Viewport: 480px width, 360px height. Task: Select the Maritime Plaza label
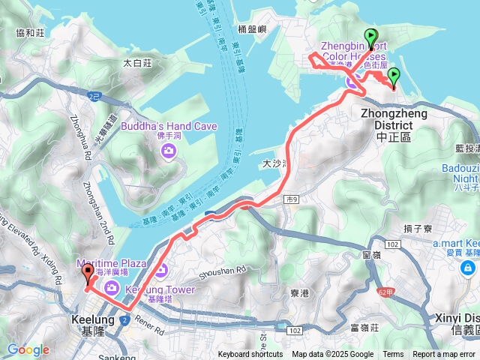[112, 263]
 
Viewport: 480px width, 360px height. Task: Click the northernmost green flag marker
[370, 36]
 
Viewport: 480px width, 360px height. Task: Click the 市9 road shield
[291, 199]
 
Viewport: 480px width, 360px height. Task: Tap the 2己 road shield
[94, 97]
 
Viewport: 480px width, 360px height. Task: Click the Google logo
[28, 349]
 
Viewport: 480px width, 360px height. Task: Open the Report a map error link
[445, 355]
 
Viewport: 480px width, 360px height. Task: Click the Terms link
[393, 355]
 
